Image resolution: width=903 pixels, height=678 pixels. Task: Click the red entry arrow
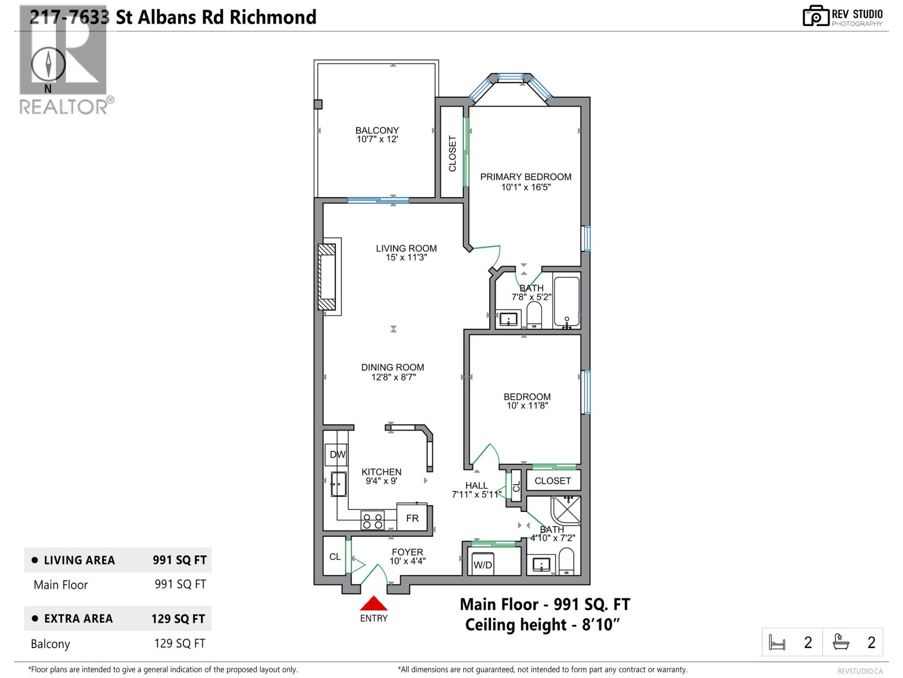(374, 603)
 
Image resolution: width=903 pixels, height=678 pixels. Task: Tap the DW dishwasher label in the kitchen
(337, 454)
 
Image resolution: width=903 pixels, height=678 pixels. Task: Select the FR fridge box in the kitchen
(413, 518)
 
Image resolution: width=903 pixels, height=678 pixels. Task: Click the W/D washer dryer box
(483, 564)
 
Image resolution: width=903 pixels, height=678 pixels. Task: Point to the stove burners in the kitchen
(372, 520)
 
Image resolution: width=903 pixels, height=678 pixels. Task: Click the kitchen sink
(339, 484)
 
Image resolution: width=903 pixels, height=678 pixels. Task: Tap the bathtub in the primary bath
(567, 302)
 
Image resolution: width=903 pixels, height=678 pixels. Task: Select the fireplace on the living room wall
(327, 276)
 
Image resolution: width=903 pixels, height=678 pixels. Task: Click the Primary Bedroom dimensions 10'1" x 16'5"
(525, 187)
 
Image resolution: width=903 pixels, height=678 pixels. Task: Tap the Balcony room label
(377, 130)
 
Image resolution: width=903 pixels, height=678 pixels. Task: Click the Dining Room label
(393, 367)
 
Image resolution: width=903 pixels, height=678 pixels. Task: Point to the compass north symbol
(49, 64)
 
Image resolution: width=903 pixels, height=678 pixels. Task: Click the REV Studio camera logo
(815, 16)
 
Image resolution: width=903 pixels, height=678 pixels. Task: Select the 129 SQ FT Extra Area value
(178, 619)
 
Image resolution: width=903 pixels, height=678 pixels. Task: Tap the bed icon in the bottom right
(778, 642)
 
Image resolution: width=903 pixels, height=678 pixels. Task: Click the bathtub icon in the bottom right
(841, 642)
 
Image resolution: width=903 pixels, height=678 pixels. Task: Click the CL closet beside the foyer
(335, 557)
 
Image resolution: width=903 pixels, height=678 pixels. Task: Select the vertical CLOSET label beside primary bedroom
(452, 153)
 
